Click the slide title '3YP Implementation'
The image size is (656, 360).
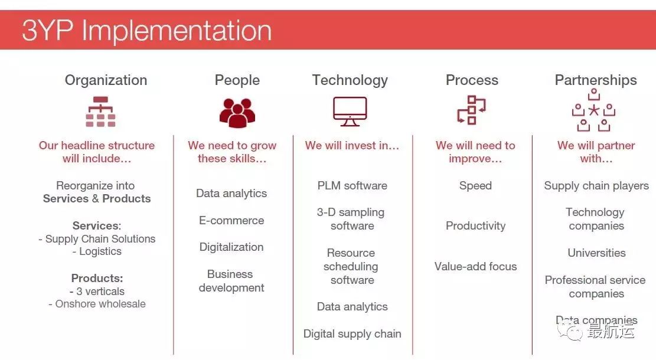point(146,30)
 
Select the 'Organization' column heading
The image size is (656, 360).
point(106,80)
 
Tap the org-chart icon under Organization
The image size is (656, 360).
point(100,112)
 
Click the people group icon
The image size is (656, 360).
point(237,113)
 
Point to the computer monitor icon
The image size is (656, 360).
point(350,111)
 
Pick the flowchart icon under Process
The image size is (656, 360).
point(472,110)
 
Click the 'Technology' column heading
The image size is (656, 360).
point(350,80)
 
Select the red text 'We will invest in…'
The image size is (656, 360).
point(352,146)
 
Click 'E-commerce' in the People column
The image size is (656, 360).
point(231,220)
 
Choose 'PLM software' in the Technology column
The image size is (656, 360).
point(353,186)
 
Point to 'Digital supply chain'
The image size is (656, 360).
point(353,333)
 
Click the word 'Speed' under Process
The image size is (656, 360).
point(475,186)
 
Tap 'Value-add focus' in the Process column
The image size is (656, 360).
point(476,266)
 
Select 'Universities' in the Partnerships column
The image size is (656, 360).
point(596,253)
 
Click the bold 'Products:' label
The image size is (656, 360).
point(97,278)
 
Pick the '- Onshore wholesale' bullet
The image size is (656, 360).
point(97,304)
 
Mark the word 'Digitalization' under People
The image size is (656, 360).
point(231,247)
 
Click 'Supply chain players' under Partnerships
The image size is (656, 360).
point(596,186)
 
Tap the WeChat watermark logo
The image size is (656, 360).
point(569,330)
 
